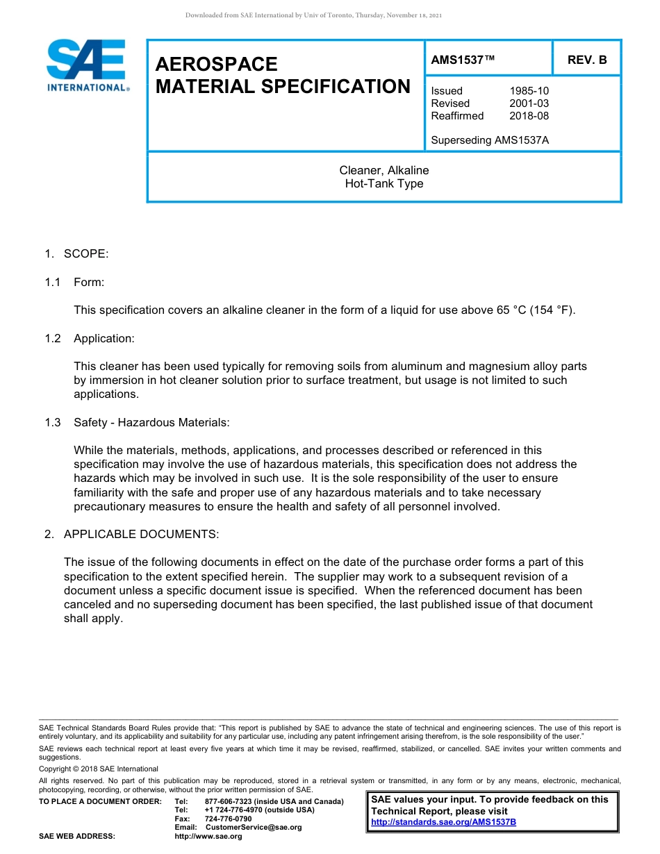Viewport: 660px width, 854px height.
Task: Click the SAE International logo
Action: [86, 66]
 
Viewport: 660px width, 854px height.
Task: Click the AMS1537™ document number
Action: [463, 60]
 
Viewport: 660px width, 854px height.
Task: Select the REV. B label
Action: [587, 60]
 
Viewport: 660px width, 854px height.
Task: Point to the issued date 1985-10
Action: [529, 91]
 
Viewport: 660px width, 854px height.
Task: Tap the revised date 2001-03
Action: [529, 103]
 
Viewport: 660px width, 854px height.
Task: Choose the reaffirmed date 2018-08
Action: [529, 116]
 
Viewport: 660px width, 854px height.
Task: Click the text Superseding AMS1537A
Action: [490, 140]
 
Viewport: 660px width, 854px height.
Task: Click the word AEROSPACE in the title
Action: [216, 65]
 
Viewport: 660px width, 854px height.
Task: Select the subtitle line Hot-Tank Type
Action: [384, 184]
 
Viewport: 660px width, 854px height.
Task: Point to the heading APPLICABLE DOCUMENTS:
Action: [141, 534]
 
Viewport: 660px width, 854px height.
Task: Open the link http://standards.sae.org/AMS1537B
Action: [443, 822]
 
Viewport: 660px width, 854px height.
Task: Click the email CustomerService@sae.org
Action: [254, 827]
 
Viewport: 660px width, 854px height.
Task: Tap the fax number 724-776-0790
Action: [228, 819]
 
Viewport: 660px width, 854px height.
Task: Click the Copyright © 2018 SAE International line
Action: [99, 769]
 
